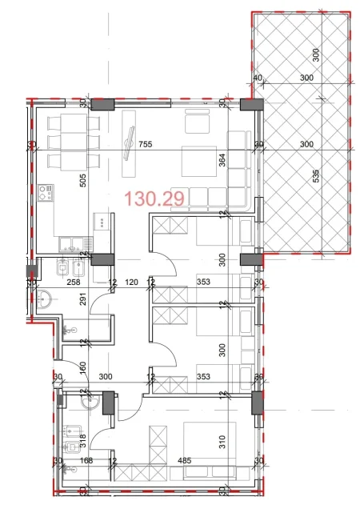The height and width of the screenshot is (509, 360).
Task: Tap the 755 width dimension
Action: pyautogui.click(x=145, y=145)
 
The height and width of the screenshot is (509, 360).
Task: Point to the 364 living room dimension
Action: pyautogui.click(x=222, y=159)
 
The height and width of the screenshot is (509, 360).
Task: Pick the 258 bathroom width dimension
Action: pyautogui.click(x=74, y=282)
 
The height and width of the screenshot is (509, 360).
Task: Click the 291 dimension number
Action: pyautogui.click(x=82, y=302)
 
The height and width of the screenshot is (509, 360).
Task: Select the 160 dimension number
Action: pyautogui.click(x=82, y=369)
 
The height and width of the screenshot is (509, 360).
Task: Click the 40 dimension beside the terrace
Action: pyautogui.click(x=257, y=78)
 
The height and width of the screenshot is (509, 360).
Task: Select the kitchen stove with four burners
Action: pyautogui.click(x=46, y=194)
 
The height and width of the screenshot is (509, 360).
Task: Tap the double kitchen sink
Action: pyautogui.click(x=70, y=243)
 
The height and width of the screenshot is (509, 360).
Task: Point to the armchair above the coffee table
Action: pyautogui.click(x=197, y=122)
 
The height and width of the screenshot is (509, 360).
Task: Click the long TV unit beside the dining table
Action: pyautogui.click(x=128, y=144)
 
